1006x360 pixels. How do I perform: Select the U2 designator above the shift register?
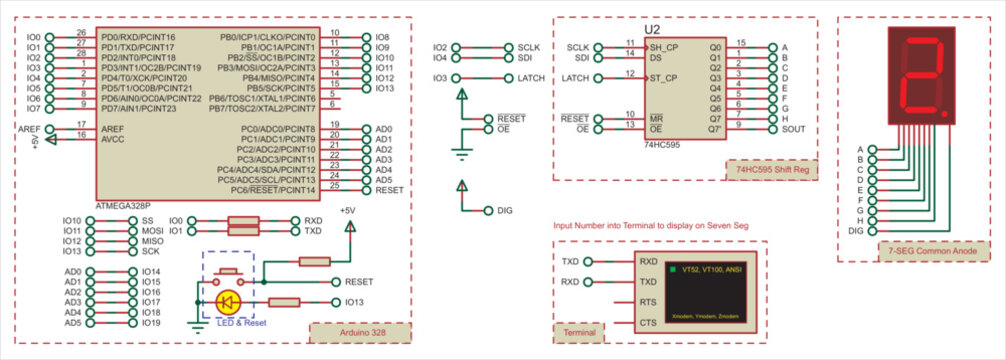click(653, 30)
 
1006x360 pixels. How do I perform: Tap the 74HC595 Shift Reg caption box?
click(770, 170)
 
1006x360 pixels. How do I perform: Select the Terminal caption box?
click(580, 332)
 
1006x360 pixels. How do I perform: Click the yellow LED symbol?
click(227, 301)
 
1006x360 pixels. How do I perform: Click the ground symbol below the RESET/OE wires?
click(461, 152)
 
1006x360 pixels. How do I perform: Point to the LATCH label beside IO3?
click(531, 78)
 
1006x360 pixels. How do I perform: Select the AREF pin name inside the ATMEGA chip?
click(112, 129)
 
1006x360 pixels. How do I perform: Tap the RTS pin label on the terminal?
click(648, 301)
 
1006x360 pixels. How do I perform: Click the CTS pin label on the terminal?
click(648, 322)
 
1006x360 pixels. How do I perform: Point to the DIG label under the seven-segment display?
click(855, 231)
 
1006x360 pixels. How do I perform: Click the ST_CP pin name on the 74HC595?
click(664, 77)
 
